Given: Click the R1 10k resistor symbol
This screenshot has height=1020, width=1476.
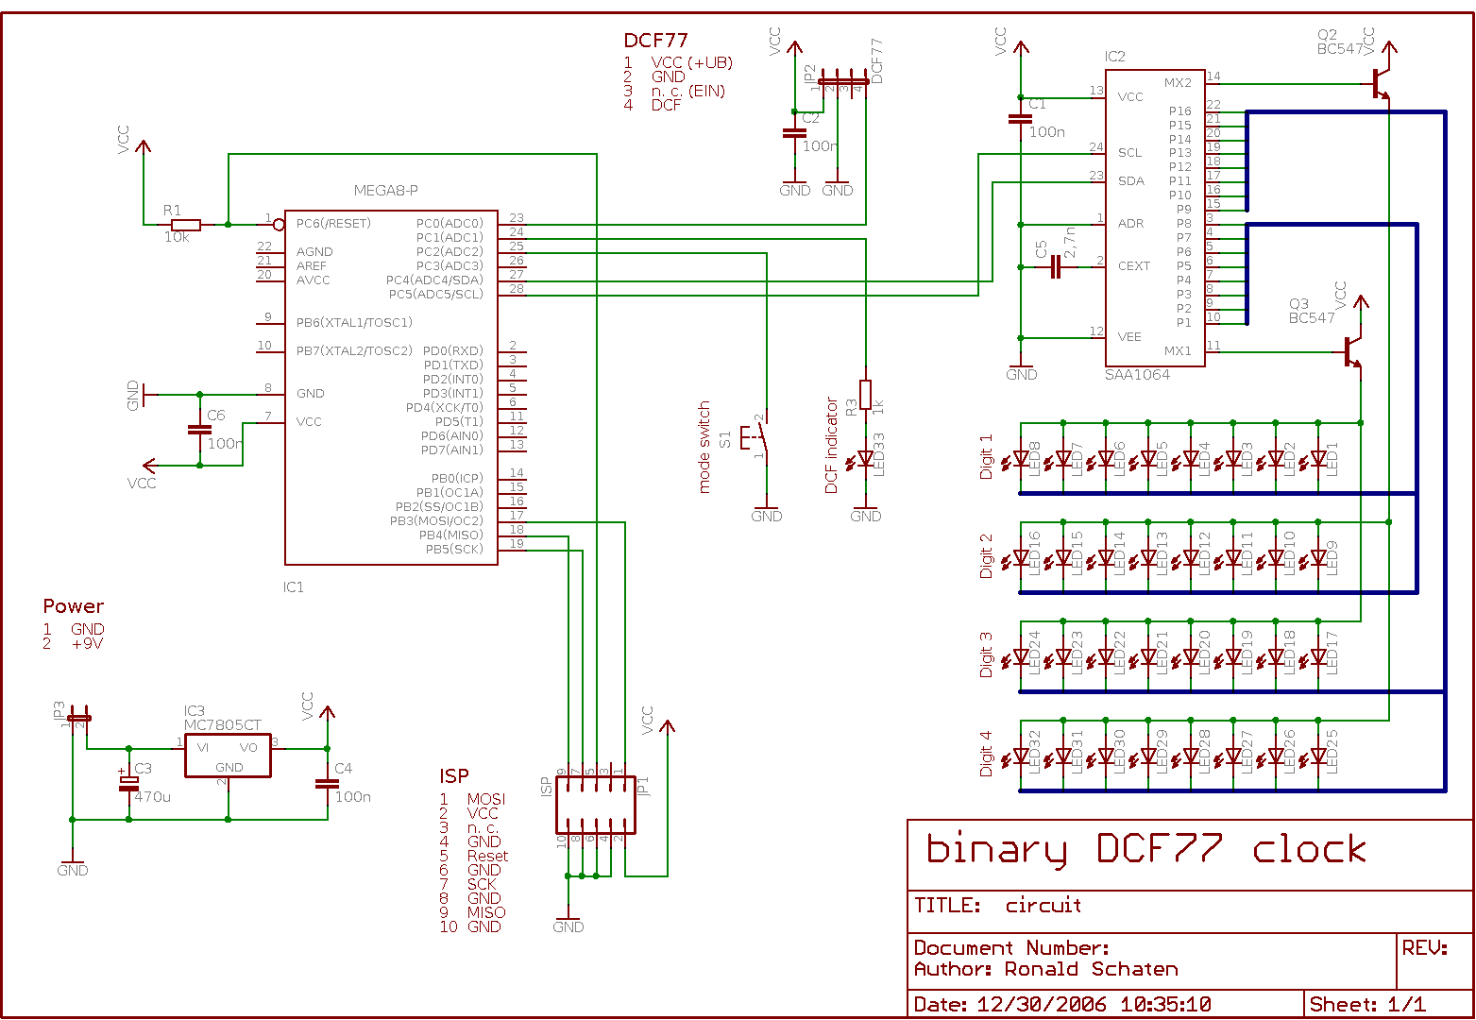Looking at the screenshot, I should [x=186, y=225].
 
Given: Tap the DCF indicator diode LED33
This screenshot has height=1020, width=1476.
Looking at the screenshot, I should [x=865, y=459].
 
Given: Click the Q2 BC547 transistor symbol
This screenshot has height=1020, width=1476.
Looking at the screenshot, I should [x=1381, y=83].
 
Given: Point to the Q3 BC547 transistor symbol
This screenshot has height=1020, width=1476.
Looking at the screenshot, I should [x=1352, y=351].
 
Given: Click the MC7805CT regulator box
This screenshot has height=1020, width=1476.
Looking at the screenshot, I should [x=228, y=756].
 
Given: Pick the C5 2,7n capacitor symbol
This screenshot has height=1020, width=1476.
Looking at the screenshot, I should [x=1056, y=268].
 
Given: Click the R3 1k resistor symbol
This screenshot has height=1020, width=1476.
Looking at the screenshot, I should [x=865, y=394].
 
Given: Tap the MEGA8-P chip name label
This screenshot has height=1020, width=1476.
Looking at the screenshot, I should [x=385, y=191].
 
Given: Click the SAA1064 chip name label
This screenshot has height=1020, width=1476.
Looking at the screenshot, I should [x=1137, y=375].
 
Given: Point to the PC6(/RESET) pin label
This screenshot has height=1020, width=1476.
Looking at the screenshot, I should [x=333, y=224].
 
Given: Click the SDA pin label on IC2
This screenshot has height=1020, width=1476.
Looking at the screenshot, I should [x=1130, y=180].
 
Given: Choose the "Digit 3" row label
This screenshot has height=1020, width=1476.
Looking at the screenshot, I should [x=986, y=654].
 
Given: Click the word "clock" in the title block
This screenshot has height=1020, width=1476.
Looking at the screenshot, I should [x=1309, y=850].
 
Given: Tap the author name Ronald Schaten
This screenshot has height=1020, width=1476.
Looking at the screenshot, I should [x=1091, y=969].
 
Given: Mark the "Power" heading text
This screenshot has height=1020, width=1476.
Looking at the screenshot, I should [x=73, y=606].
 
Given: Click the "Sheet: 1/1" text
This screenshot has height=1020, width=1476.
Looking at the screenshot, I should [x=1367, y=1004].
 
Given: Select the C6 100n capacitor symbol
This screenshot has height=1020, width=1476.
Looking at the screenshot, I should [x=199, y=430].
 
